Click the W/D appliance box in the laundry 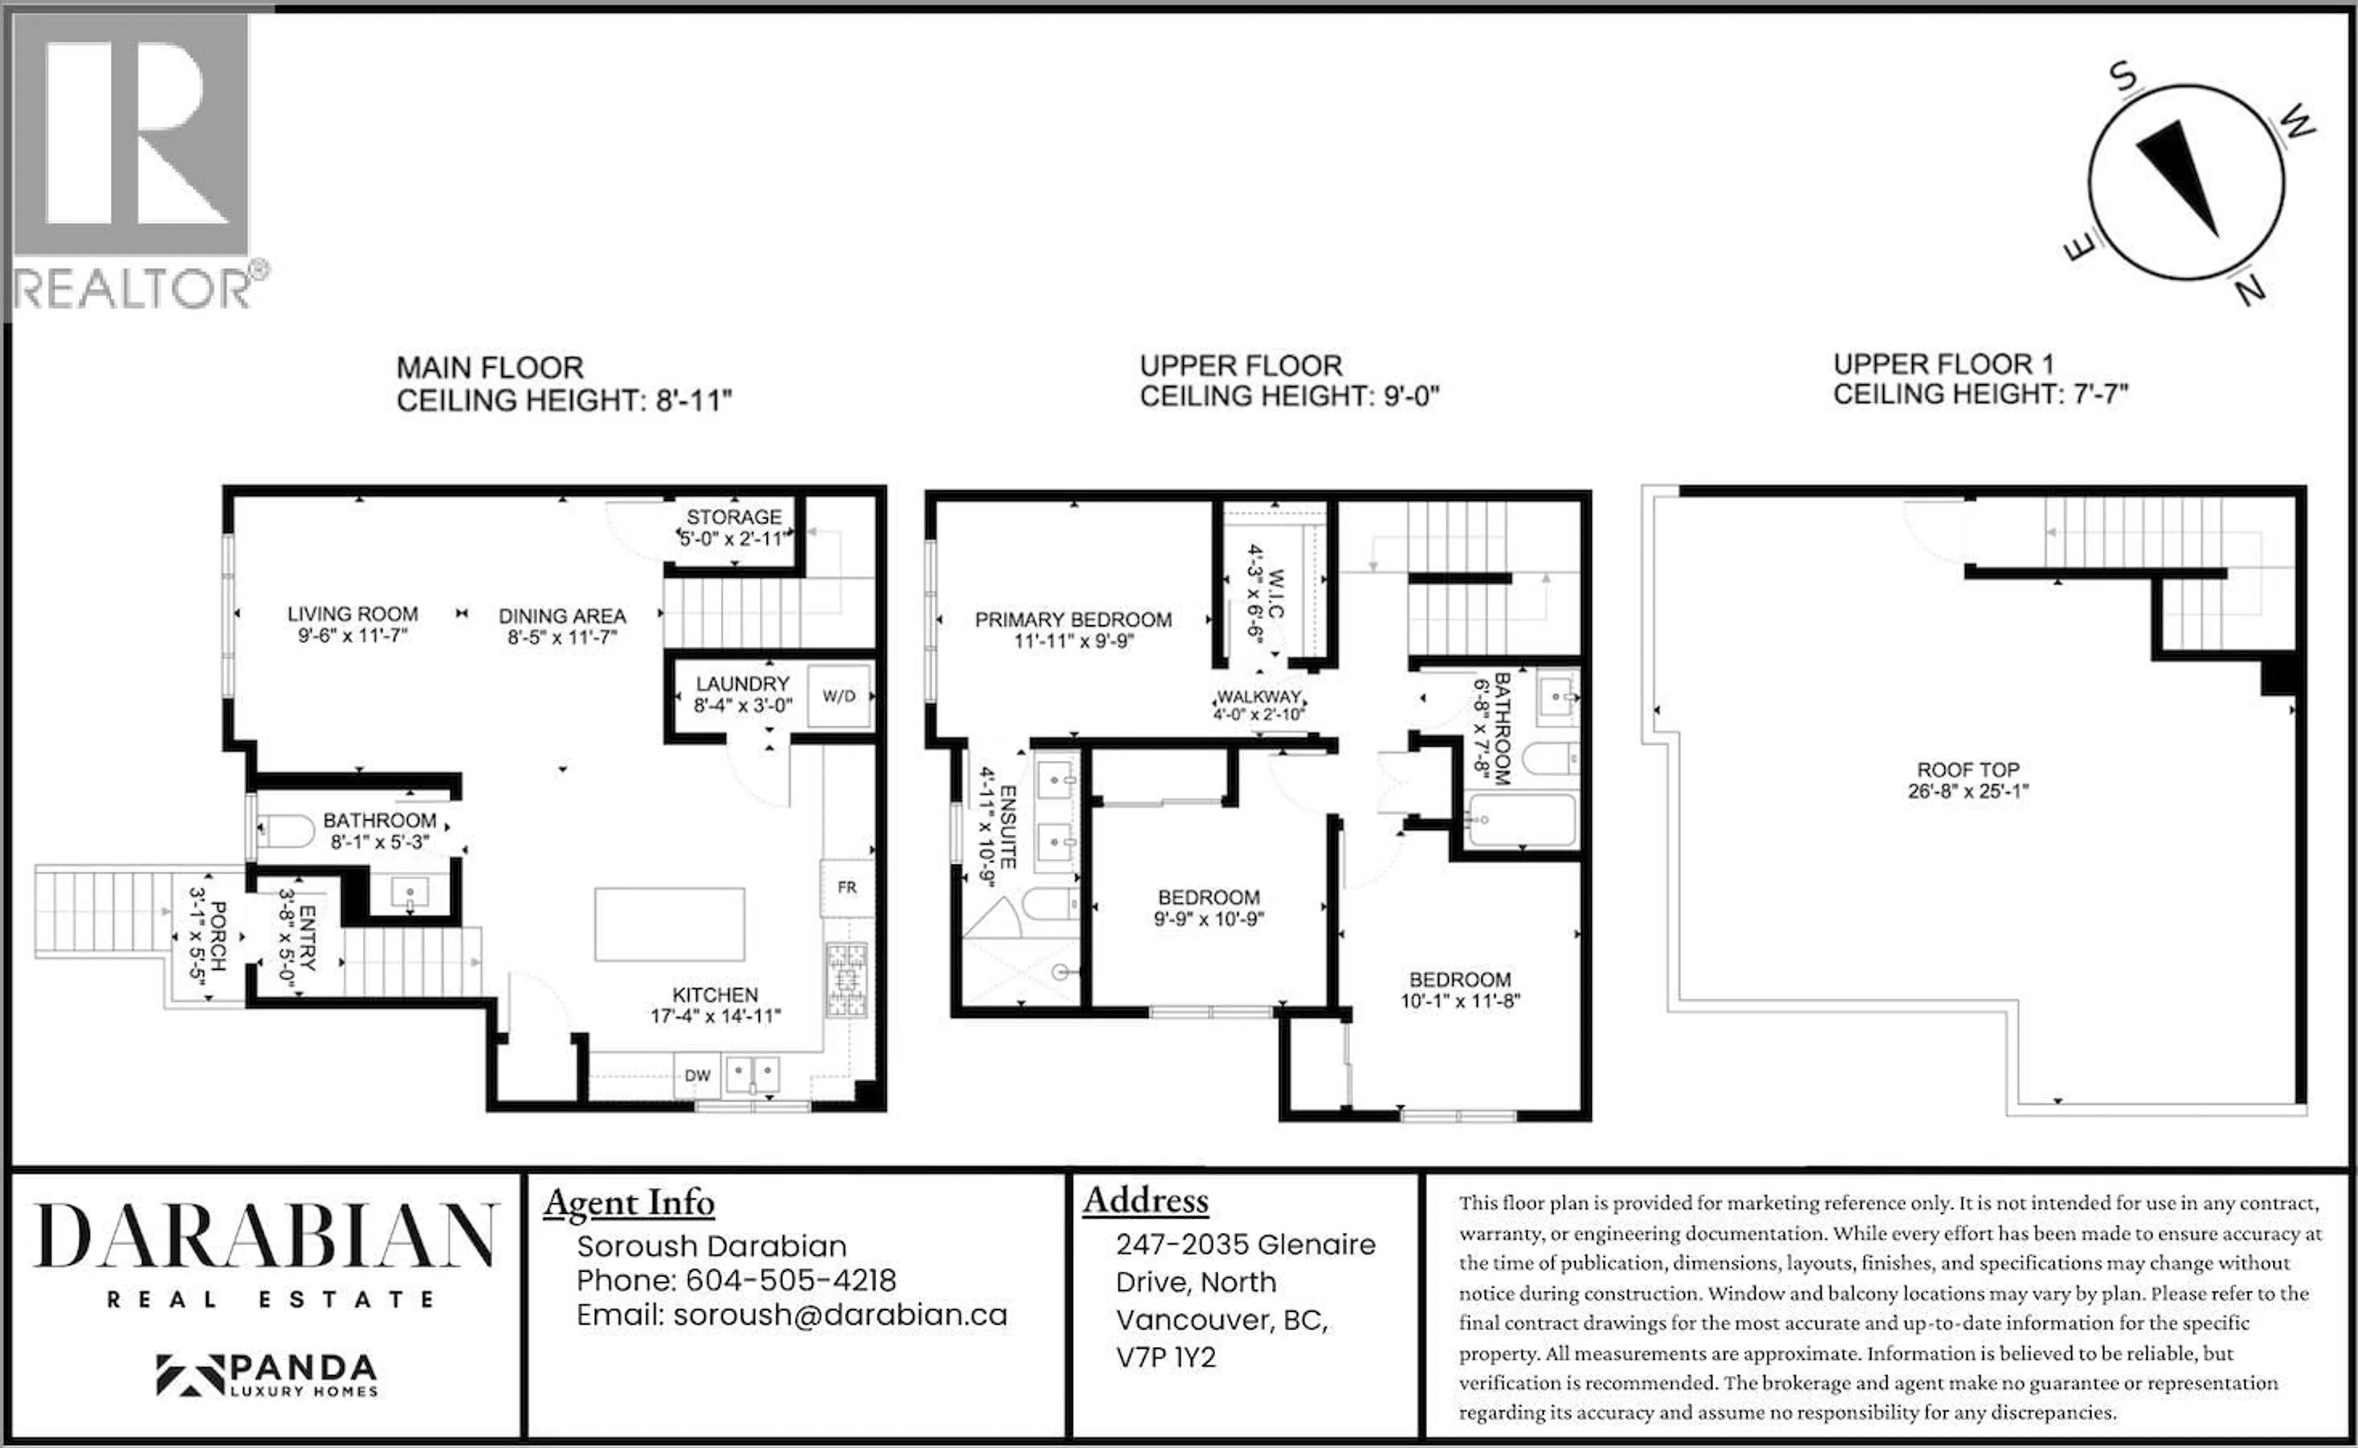click(x=839, y=696)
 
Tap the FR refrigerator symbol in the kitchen click(x=847, y=888)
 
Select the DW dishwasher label click(x=697, y=1075)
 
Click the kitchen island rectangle click(x=669, y=924)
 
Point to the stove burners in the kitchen click(x=847, y=980)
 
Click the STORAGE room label click(x=734, y=517)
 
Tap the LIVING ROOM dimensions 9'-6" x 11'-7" click(x=352, y=635)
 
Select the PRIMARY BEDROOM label click(x=1073, y=619)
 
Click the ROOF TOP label click(x=1967, y=770)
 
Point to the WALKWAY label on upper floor click(x=1258, y=696)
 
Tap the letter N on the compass click(x=2251, y=290)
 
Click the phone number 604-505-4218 click(x=791, y=1280)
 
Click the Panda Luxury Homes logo click(x=267, y=1375)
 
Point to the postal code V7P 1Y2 click(x=1165, y=1358)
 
